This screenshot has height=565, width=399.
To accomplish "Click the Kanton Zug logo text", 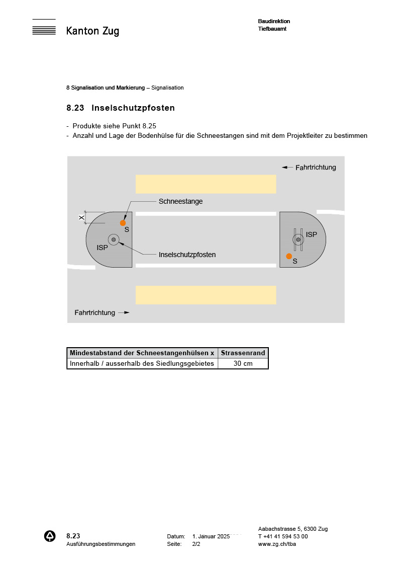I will tap(92, 31).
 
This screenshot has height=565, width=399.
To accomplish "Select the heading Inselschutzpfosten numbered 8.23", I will tap(121, 108).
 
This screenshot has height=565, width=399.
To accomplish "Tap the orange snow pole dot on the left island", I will tap(123, 223).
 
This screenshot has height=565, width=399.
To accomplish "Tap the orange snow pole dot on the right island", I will tap(289, 256).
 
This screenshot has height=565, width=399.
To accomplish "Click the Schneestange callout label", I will tap(180, 201).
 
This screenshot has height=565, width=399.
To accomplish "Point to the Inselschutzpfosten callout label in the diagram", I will tap(187, 255).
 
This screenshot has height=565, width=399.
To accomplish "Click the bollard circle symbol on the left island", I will tap(114, 239).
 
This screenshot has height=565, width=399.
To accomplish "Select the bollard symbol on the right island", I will tap(298, 239).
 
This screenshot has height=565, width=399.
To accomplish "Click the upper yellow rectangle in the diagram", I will tap(206, 184).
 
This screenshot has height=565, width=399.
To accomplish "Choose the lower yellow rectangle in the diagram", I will tap(206, 295).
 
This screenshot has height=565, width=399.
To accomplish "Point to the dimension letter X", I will tap(81, 217).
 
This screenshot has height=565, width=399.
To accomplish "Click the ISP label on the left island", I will tap(103, 248).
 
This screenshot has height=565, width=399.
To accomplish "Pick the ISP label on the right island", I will tap(312, 234).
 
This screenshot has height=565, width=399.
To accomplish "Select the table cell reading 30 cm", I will tap(243, 363).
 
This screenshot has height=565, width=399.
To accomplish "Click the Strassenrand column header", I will tap(243, 353).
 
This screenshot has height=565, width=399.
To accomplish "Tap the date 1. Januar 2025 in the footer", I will tap(211, 536).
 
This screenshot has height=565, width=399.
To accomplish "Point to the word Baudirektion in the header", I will tap(274, 21).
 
